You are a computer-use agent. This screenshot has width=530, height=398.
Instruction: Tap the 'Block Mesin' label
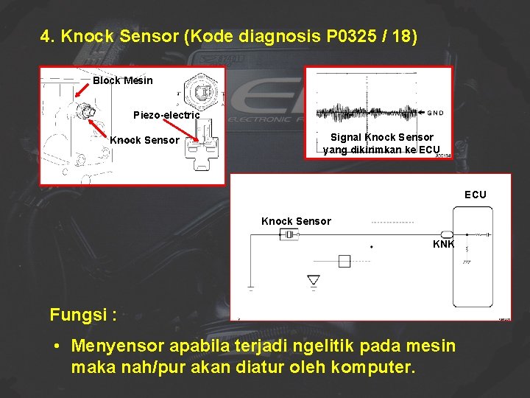click(x=122, y=80)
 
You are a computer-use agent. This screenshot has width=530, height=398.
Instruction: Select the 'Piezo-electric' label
click(x=166, y=115)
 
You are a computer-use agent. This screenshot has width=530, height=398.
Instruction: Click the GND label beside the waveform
click(x=436, y=113)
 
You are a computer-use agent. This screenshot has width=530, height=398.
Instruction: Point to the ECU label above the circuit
click(x=475, y=195)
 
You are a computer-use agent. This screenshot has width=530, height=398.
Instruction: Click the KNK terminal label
click(x=443, y=245)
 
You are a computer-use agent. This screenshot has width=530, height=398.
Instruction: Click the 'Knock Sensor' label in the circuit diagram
click(x=296, y=221)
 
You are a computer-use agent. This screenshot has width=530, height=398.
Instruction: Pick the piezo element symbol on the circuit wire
click(x=289, y=234)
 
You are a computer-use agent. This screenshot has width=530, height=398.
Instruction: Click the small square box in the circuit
click(x=344, y=260)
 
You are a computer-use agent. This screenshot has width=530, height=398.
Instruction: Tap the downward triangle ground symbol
click(x=314, y=281)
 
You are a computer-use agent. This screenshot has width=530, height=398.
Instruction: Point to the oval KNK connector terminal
click(x=447, y=234)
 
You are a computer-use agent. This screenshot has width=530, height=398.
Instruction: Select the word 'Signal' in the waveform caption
click(x=346, y=137)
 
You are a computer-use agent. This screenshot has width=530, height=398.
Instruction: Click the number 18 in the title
click(x=404, y=36)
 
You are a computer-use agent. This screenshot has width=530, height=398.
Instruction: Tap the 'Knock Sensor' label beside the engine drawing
click(x=144, y=140)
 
